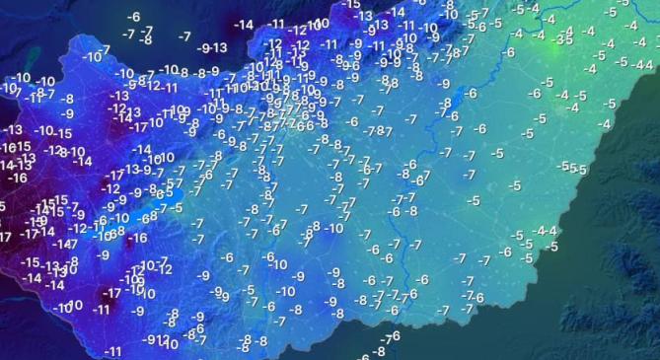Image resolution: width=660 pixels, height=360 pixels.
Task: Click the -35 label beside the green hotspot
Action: [x=564, y=39]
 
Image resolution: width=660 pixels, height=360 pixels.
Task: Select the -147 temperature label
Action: [x=65, y=244]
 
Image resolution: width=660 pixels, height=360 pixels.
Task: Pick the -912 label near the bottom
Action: [x=156, y=340]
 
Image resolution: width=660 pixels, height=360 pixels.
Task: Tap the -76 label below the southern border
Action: [x=392, y=337]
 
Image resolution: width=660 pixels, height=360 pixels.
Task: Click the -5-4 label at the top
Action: [x=528, y=9]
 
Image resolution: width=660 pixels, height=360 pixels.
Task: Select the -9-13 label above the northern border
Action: [x=212, y=47]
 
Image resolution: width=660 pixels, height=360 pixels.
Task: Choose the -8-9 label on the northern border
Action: [x=206, y=72]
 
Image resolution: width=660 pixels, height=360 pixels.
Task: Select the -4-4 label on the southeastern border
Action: [x=545, y=231]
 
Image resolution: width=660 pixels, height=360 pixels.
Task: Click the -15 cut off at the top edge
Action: [x=351, y=5]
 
